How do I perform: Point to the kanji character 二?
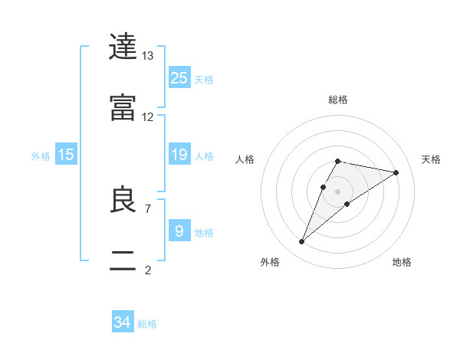point(124,261)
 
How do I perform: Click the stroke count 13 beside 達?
point(148,56)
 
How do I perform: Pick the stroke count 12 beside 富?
point(148,117)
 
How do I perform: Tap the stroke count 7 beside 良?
point(148,208)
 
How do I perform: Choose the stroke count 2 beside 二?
point(148,270)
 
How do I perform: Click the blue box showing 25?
point(179,78)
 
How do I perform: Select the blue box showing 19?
point(179,155)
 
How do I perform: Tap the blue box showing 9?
point(179,231)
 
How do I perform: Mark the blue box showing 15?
point(66,155)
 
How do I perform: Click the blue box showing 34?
point(123,322)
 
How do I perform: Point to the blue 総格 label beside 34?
point(147,324)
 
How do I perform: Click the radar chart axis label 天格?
point(431,159)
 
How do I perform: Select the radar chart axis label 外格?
point(270,262)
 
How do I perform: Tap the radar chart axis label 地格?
point(402,262)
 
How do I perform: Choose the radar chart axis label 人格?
point(245,159)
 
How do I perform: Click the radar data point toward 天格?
point(396,172)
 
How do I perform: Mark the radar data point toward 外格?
point(302,242)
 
